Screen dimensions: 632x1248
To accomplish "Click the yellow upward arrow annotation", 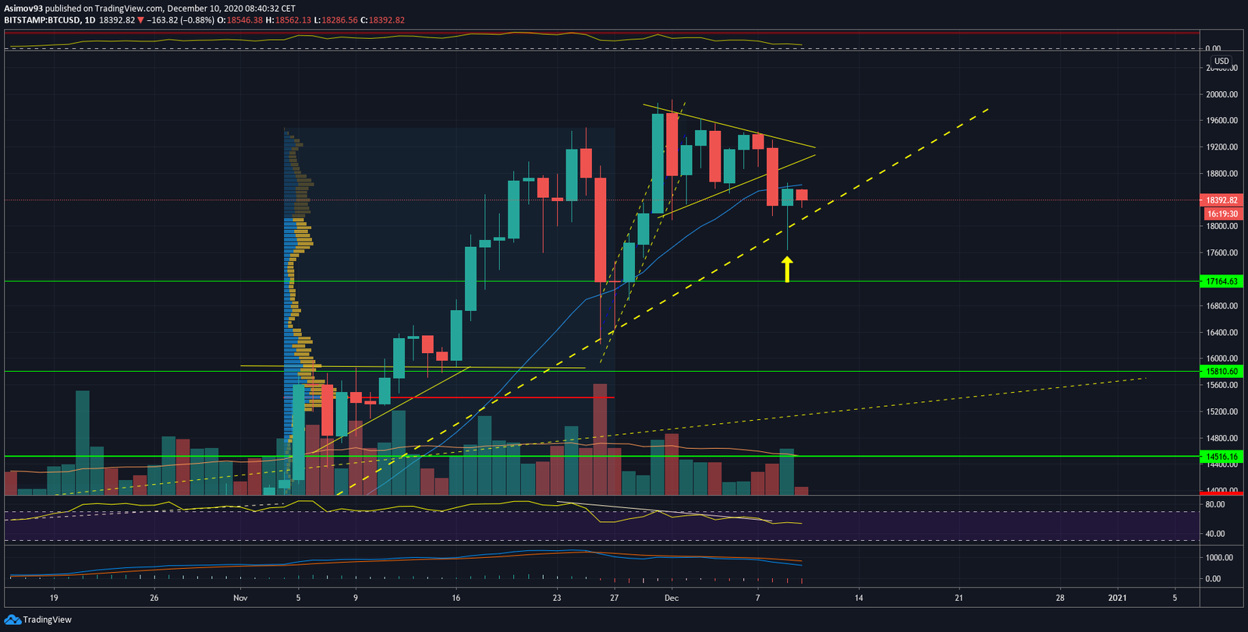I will pyautogui.click(x=787, y=270).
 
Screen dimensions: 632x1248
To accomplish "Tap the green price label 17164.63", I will pyautogui.click(x=1221, y=281).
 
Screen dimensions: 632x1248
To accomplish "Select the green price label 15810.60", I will pyautogui.click(x=1221, y=372).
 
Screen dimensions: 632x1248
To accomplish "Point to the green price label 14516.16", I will pyautogui.click(x=1221, y=457).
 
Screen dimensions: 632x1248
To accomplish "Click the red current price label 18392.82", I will pyautogui.click(x=1221, y=200).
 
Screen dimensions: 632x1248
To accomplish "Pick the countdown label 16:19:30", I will pyautogui.click(x=1222, y=214).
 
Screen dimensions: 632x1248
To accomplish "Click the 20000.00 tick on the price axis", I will pyautogui.click(x=1221, y=94).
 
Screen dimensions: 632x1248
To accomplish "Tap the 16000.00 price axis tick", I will pyautogui.click(x=1221, y=358).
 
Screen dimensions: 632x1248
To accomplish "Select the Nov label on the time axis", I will pyautogui.click(x=240, y=598).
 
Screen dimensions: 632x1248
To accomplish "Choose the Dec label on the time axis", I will pyautogui.click(x=672, y=598).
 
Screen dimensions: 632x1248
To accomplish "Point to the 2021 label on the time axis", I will pyautogui.click(x=1118, y=598).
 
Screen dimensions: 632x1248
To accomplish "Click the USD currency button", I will pyautogui.click(x=1221, y=61).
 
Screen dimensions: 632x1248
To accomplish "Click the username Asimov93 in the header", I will pyautogui.click(x=23, y=9).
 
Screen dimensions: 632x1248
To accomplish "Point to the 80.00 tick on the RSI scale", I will pyautogui.click(x=1214, y=505).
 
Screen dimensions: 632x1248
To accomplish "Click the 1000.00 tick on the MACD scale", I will pyautogui.click(x=1218, y=558).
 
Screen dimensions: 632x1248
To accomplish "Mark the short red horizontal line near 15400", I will pyautogui.click(x=499, y=397).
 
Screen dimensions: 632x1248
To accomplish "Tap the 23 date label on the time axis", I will pyautogui.click(x=557, y=598).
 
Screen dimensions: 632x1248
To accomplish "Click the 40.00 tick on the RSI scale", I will pyautogui.click(x=1214, y=534).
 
